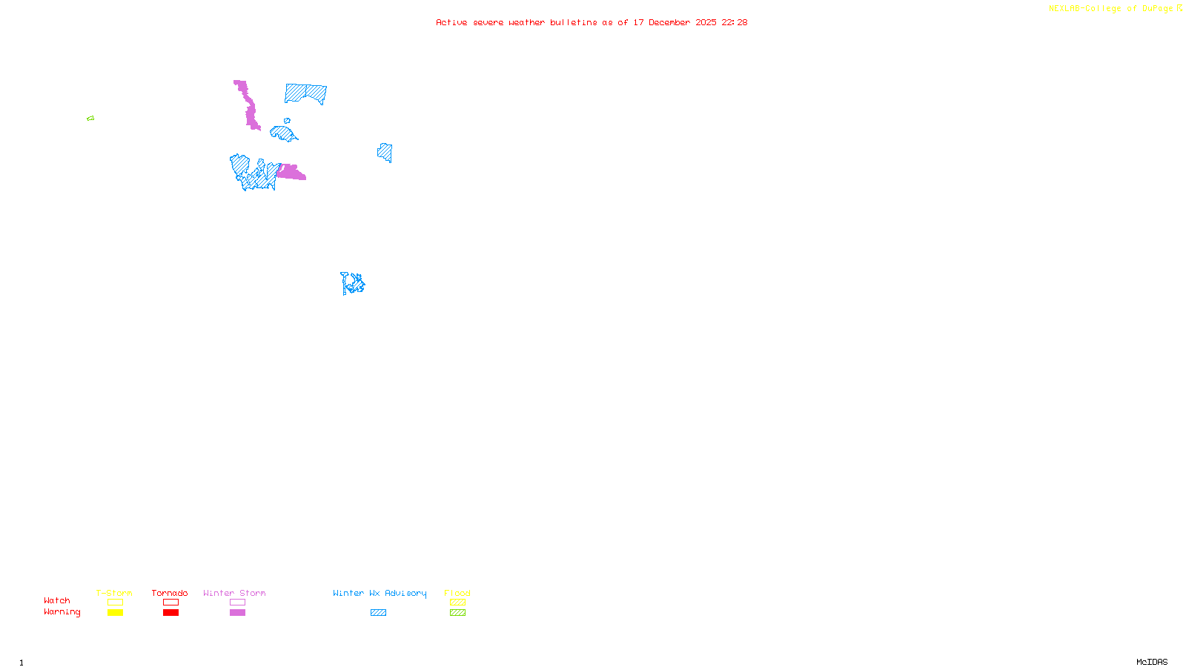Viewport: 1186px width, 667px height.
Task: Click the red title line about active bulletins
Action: (x=591, y=23)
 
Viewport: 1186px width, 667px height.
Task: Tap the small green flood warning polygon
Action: (x=90, y=119)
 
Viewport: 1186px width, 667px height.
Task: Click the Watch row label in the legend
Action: (x=57, y=601)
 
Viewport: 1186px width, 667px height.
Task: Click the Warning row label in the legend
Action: (x=62, y=612)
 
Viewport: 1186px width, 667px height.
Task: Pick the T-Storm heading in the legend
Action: (x=114, y=593)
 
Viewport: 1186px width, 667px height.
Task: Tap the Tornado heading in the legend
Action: (x=170, y=593)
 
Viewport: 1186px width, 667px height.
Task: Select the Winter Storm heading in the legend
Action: (x=234, y=593)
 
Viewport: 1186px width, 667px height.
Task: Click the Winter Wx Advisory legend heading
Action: (x=380, y=593)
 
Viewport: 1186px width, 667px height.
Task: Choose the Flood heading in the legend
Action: (x=457, y=593)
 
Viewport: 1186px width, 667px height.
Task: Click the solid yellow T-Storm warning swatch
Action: (x=115, y=613)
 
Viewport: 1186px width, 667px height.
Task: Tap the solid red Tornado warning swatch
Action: (x=171, y=613)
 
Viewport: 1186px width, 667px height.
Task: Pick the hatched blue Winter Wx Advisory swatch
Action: (x=379, y=613)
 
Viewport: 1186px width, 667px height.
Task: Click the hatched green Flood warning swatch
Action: (x=458, y=613)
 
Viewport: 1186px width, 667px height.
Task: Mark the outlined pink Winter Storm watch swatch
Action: (x=238, y=603)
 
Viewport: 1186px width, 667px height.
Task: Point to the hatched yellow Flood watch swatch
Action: (x=458, y=603)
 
